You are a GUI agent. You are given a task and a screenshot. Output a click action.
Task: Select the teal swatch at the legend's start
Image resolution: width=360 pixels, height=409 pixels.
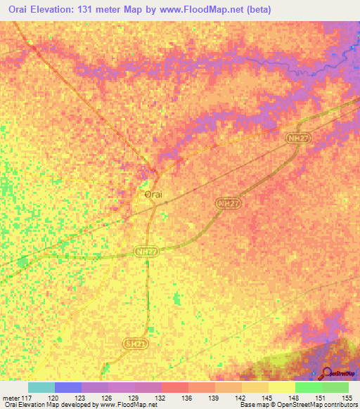click(41, 387)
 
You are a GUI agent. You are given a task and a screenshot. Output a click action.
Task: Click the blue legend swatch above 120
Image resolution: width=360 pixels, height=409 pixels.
click(67, 387)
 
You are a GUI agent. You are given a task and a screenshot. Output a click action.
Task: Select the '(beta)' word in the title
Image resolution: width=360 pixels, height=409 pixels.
click(269, 10)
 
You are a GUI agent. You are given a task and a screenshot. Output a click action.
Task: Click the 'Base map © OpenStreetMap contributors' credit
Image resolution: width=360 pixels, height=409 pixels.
click(297, 405)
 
